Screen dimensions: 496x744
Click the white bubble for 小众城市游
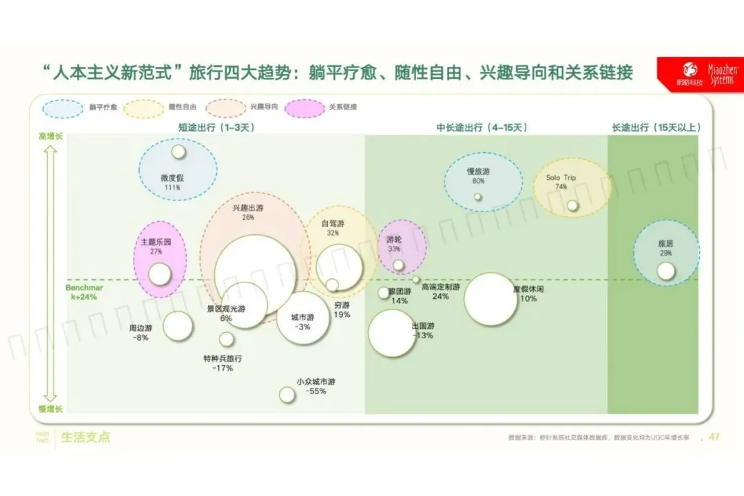(287, 395)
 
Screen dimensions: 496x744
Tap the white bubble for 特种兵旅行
(227, 339)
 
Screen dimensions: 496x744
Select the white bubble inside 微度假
(179, 152)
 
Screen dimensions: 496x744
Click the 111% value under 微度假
(172, 187)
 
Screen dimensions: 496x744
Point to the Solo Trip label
(561, 178)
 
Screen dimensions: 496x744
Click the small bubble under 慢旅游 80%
(477, 196)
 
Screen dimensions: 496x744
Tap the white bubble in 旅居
(665, 271)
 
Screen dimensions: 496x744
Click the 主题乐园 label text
(156, 242)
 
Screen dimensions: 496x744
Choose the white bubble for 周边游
(178, 326)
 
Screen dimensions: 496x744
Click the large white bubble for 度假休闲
(490, 299)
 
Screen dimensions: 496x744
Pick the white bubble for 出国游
(392, 333)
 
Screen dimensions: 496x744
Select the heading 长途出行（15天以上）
(656, 127)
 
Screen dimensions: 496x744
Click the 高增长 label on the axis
(50, 138)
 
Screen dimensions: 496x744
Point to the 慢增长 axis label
(50, 409)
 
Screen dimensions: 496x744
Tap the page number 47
(714, 437)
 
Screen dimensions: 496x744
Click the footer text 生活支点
(85, 437)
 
